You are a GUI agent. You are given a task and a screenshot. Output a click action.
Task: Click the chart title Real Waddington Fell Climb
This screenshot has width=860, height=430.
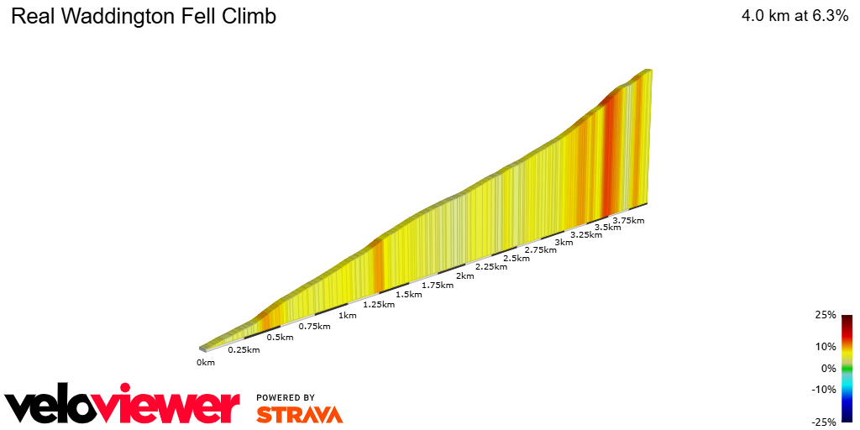pyautogui.click(x=144, y=16)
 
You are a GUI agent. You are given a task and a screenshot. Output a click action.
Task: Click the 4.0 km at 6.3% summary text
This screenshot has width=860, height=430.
pyautogui.click(x=794, y=16)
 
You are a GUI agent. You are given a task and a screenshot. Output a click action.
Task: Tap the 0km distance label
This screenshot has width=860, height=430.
pyautogui.click(x=206, y=362)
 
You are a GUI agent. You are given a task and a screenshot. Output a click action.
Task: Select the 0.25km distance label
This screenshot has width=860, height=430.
pyautogui.click(x=244, y=349)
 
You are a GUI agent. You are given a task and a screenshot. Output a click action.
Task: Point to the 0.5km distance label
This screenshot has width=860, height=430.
pyautogui.click(x=280, y=338)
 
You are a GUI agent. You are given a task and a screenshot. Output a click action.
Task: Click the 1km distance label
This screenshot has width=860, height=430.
pyautogui.click(x=347, y=316)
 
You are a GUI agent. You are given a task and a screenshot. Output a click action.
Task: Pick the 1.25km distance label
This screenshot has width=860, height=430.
pyautogui.click(x=379, y=305)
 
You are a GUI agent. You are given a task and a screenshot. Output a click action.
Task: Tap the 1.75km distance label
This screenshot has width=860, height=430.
pyautogui.click(x=438, y=286)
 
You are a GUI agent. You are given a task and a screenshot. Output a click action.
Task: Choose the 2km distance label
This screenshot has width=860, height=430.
pyautogui.click(x=464, y=276)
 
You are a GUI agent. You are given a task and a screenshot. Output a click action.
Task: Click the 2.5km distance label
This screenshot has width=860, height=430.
pyautogui.click(x=516, y=259)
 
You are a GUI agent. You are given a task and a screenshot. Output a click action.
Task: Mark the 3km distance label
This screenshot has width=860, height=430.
pyautogui.click(x=564, y=243)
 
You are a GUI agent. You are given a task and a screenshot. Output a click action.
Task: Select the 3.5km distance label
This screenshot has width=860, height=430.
pyautogui.click(x=608, y=228)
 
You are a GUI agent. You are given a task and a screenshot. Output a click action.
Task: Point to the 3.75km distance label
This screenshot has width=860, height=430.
pyautogui.click(x=628, y=221)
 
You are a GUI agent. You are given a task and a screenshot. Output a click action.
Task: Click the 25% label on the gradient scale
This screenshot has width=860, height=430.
pyautogui.click(x=826, y=315)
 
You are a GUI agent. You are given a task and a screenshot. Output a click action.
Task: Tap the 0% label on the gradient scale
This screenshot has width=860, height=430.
pyautogui.click(x=828, y=368)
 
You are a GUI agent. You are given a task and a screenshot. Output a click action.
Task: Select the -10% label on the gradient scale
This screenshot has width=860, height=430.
pyautogui.click(x=824, y=389)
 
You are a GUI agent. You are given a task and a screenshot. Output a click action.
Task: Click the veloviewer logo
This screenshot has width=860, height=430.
pyautogui.click(x=123, y=406)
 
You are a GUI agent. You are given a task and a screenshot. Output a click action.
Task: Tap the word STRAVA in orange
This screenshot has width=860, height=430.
pyautogui.click(x=299, y=415)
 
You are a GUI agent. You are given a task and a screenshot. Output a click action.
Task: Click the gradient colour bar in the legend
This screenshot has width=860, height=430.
pyautogui.click(x=847, y=368)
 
